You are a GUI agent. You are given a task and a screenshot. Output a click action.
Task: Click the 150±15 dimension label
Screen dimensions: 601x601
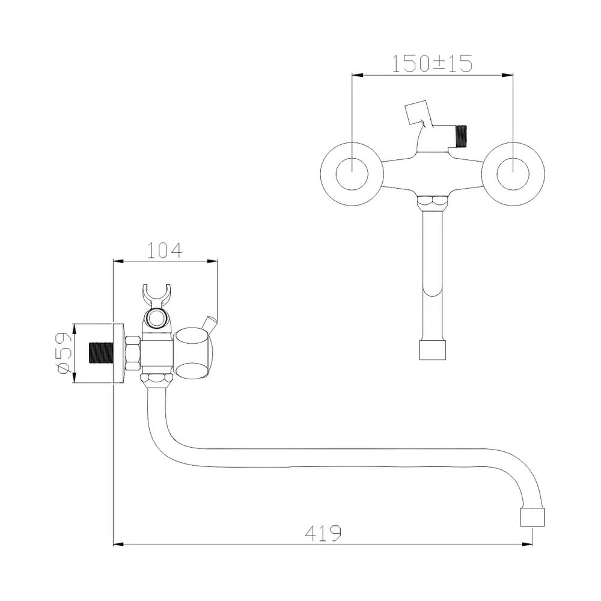(x=432, y=63)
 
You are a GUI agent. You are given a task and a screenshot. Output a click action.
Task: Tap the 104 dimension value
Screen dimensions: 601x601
(x=165, y=251)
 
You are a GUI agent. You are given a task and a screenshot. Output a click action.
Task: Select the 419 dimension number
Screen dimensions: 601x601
(x=323, y=533)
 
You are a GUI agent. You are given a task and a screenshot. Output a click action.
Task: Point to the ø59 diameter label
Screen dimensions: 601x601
(x=63, y=353)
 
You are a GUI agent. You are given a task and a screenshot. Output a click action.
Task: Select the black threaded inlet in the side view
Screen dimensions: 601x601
(x=101, y=353)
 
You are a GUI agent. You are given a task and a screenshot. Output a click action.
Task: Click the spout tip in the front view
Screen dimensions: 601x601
(x=432, y=349)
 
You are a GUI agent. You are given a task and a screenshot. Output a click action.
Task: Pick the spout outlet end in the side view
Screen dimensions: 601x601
(x=532, y=517)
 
